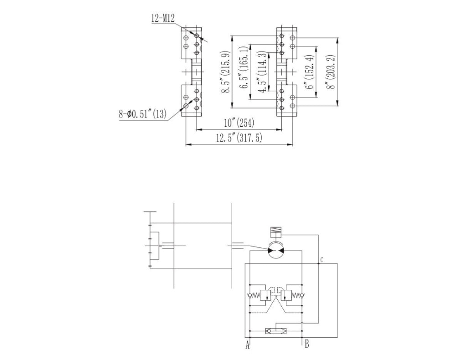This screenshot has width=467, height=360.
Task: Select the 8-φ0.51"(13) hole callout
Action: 142,114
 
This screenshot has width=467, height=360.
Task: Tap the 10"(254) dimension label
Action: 239,123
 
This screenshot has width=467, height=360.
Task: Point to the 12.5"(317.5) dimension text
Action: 239,138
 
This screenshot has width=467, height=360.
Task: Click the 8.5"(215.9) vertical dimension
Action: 226,72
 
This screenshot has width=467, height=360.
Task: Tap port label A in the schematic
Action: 248,345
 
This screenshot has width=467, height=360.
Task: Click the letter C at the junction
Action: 322,260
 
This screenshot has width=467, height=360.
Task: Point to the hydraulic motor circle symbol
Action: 275,250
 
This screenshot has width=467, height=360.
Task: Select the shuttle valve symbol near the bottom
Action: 275,331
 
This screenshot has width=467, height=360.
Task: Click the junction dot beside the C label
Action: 318,263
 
